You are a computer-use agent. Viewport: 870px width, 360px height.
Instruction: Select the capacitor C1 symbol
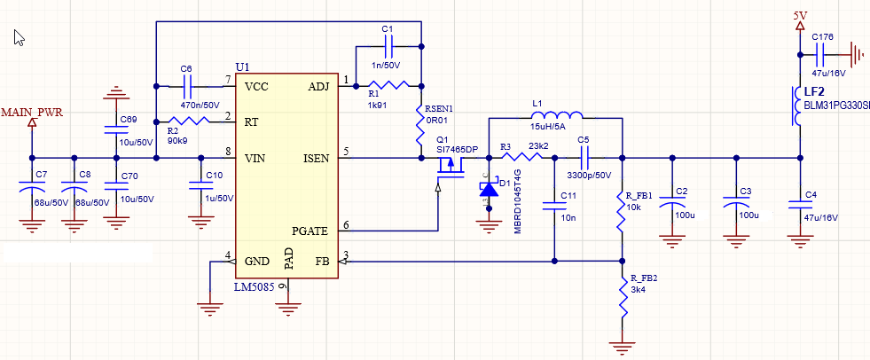387,45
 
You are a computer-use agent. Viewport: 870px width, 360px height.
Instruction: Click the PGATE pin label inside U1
310,231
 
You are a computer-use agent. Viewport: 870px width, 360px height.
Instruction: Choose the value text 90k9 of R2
177,141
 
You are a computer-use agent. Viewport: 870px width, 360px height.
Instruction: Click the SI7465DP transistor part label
457,149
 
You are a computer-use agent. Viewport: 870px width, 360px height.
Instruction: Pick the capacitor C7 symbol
33,192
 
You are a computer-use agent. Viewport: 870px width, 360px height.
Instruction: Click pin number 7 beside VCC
228,81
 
